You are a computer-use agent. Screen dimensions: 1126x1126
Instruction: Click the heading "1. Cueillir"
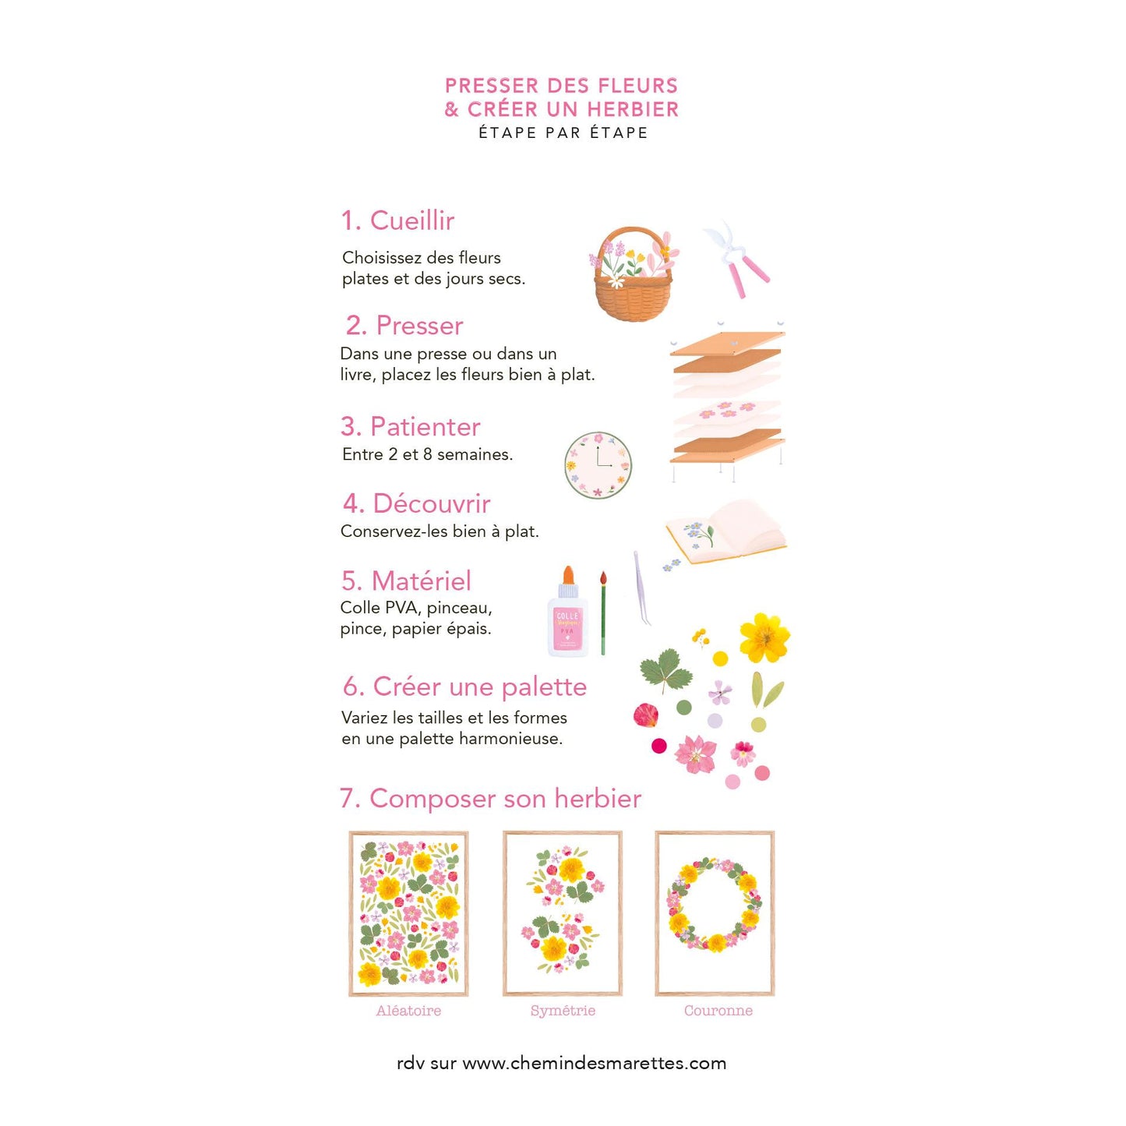point(397,221)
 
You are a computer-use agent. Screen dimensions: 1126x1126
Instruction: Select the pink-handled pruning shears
point(737,259)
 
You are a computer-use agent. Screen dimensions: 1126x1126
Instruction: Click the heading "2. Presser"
point(404,326)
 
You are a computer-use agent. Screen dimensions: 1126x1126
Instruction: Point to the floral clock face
point(598,465)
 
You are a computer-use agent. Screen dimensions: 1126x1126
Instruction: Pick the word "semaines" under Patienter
point(475,454)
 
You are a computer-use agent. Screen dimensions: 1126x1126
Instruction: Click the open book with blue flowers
point(726,532)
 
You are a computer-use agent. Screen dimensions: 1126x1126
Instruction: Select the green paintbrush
point(603,613)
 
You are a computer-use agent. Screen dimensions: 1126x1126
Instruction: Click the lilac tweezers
point(642,588)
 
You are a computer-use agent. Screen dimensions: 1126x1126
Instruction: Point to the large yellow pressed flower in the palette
point(764,637)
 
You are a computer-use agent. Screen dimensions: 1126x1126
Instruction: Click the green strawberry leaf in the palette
point(666,670)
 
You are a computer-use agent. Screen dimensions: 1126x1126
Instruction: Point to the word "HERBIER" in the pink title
point(633,109)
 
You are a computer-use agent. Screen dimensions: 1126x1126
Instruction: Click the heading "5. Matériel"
point(406,581)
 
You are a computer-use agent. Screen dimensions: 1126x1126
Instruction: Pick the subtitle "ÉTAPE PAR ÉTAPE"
point(563,133)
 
